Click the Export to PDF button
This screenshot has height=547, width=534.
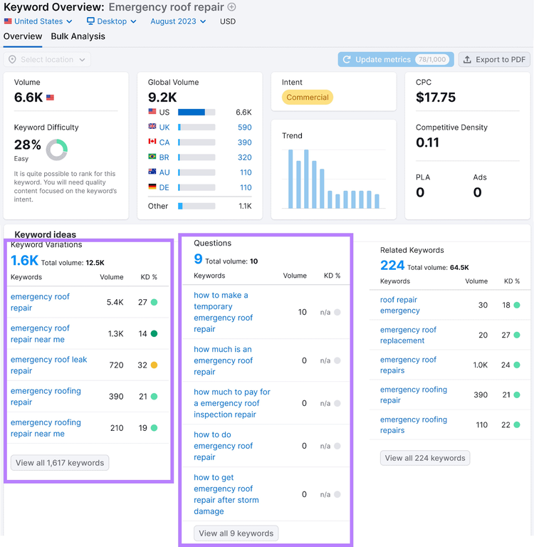494,60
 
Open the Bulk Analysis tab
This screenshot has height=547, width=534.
78,36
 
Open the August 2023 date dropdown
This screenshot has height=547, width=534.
178,21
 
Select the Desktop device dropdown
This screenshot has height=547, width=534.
111,21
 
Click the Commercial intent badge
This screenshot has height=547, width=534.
308,98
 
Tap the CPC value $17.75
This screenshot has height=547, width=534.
436,98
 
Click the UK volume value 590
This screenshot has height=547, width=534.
244,127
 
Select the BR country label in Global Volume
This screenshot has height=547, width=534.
164,157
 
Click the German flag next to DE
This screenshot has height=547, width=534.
152,187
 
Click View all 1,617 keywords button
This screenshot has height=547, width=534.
60,463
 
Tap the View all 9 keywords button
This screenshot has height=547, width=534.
236,533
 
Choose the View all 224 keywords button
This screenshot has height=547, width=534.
425,458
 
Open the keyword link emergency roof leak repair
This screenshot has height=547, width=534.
48,365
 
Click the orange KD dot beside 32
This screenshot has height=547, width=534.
154,365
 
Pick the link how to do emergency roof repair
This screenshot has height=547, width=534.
224,446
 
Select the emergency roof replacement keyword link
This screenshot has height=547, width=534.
408,335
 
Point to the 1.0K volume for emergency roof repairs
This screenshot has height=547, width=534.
481,365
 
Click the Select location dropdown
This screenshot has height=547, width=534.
47,60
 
